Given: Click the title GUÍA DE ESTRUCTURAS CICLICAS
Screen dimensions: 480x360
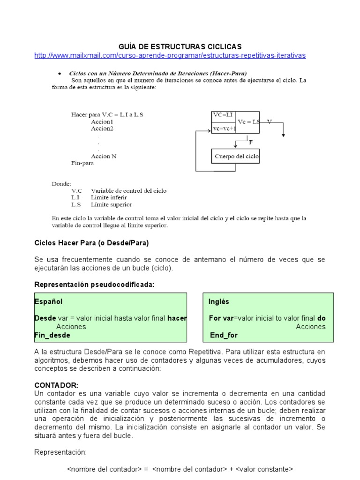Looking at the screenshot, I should [180, 46].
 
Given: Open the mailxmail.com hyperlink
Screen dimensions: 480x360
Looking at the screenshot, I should [170, 55].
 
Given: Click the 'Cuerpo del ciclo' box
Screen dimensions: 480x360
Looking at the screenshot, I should [237, 156].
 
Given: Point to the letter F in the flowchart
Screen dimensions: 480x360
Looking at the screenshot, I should [250, 141].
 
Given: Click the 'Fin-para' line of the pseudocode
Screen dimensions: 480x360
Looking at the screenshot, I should [82, 164].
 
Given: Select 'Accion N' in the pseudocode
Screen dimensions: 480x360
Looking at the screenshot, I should [104, 156].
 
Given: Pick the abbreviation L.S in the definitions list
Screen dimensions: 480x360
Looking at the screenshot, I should [76, 204].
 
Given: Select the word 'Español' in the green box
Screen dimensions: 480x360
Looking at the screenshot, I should [48, 301].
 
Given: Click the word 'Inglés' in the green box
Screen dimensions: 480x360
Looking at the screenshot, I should [219, 301].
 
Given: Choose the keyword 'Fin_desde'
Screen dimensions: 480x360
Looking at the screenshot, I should [52, 335].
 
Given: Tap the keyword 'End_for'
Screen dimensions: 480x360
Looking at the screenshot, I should [224, 335].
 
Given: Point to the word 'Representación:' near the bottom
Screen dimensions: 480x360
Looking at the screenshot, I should [61, 452].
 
